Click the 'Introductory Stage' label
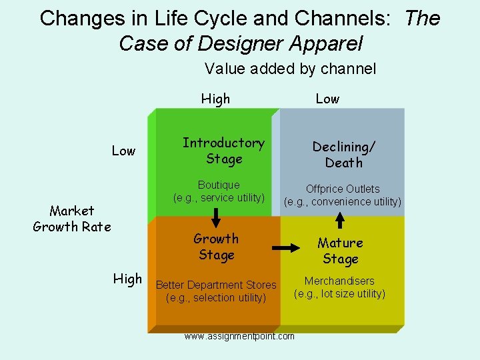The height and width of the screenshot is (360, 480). (x=223, y=151)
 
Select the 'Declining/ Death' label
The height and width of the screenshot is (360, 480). (x=344, y=155)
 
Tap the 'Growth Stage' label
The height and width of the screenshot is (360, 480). (x=216, y=247)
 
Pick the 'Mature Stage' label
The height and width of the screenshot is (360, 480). (x=340, y=251)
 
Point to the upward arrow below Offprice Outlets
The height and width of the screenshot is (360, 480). (x=340, y=219)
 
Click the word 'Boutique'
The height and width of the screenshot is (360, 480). (x=219, y=185)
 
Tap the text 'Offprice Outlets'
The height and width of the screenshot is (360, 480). (x=343, y=189)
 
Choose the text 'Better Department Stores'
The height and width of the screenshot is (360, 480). (x=216, y=285)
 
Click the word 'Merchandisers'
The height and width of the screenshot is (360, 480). (x=339, y=281)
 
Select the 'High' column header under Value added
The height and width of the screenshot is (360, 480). (x=215, y=99)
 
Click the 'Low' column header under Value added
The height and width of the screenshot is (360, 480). (x=327, y=99)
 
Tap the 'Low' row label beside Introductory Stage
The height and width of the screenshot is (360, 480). (x=123, y=151)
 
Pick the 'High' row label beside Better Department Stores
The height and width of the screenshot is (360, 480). (x=127, y=279)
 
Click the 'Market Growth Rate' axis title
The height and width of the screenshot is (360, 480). (x=72, y=219)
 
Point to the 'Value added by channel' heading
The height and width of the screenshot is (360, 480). (x=291, y=68)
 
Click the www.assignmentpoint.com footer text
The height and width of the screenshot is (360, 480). (x=239, y=336)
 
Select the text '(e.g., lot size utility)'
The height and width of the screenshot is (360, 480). (x=340, y=293)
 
